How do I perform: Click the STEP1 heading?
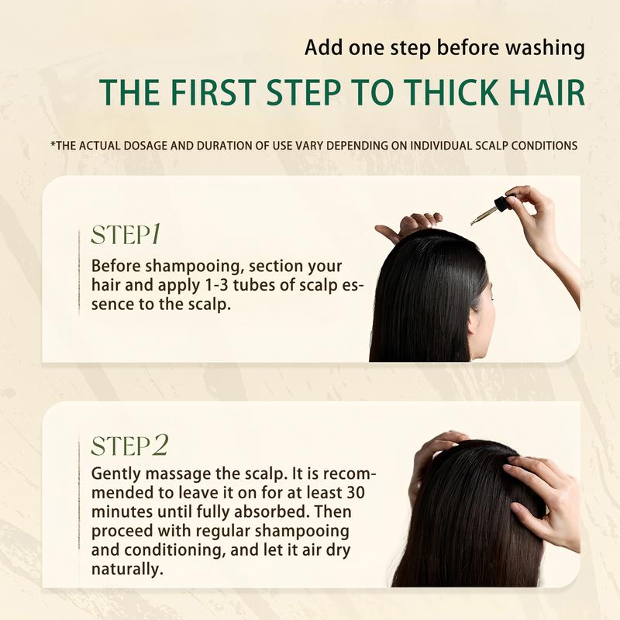[126, 234]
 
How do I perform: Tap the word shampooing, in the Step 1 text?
[193, 267]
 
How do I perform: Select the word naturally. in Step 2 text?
[127, 569]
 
